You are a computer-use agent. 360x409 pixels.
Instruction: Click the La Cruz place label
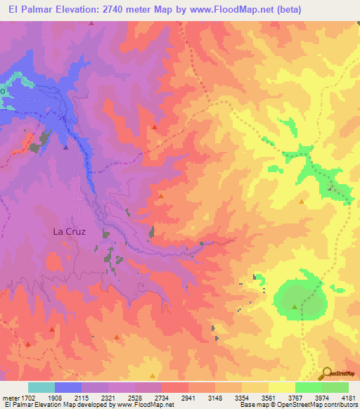(70, 231)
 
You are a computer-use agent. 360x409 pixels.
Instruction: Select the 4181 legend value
(348, 398)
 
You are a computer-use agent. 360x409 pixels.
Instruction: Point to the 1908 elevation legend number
(56, 398)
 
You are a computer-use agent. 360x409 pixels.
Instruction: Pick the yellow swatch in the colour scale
(281, 387)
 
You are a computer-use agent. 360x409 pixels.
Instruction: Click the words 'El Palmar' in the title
(29, 11)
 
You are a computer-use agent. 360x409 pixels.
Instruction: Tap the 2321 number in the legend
(108, 398)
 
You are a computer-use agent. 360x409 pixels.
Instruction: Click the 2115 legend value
(82, 398)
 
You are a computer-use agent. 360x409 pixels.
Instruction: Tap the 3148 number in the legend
(215, 398)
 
